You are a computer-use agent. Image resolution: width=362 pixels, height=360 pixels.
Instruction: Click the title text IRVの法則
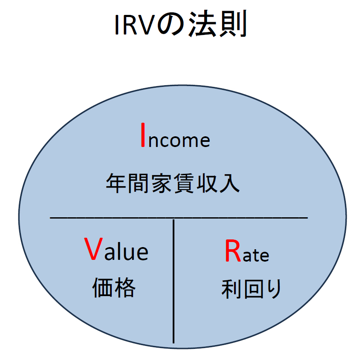[x=180, y=26]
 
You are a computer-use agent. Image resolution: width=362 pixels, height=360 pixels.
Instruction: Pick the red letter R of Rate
[x=233, y=252]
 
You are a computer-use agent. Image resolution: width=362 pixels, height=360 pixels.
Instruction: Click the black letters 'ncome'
[x=180, y=140]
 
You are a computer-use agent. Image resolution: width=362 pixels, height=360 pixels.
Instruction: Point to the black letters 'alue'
[x=126, y=252]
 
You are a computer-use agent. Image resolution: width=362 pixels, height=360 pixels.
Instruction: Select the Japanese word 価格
[x=114, y=288]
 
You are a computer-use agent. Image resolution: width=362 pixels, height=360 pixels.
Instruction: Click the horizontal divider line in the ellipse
[x=179, y=218]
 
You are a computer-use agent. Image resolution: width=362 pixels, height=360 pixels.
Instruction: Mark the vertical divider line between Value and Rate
[x=174, y=281]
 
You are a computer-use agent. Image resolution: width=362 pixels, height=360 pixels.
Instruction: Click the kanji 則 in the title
[x=232, y=26]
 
